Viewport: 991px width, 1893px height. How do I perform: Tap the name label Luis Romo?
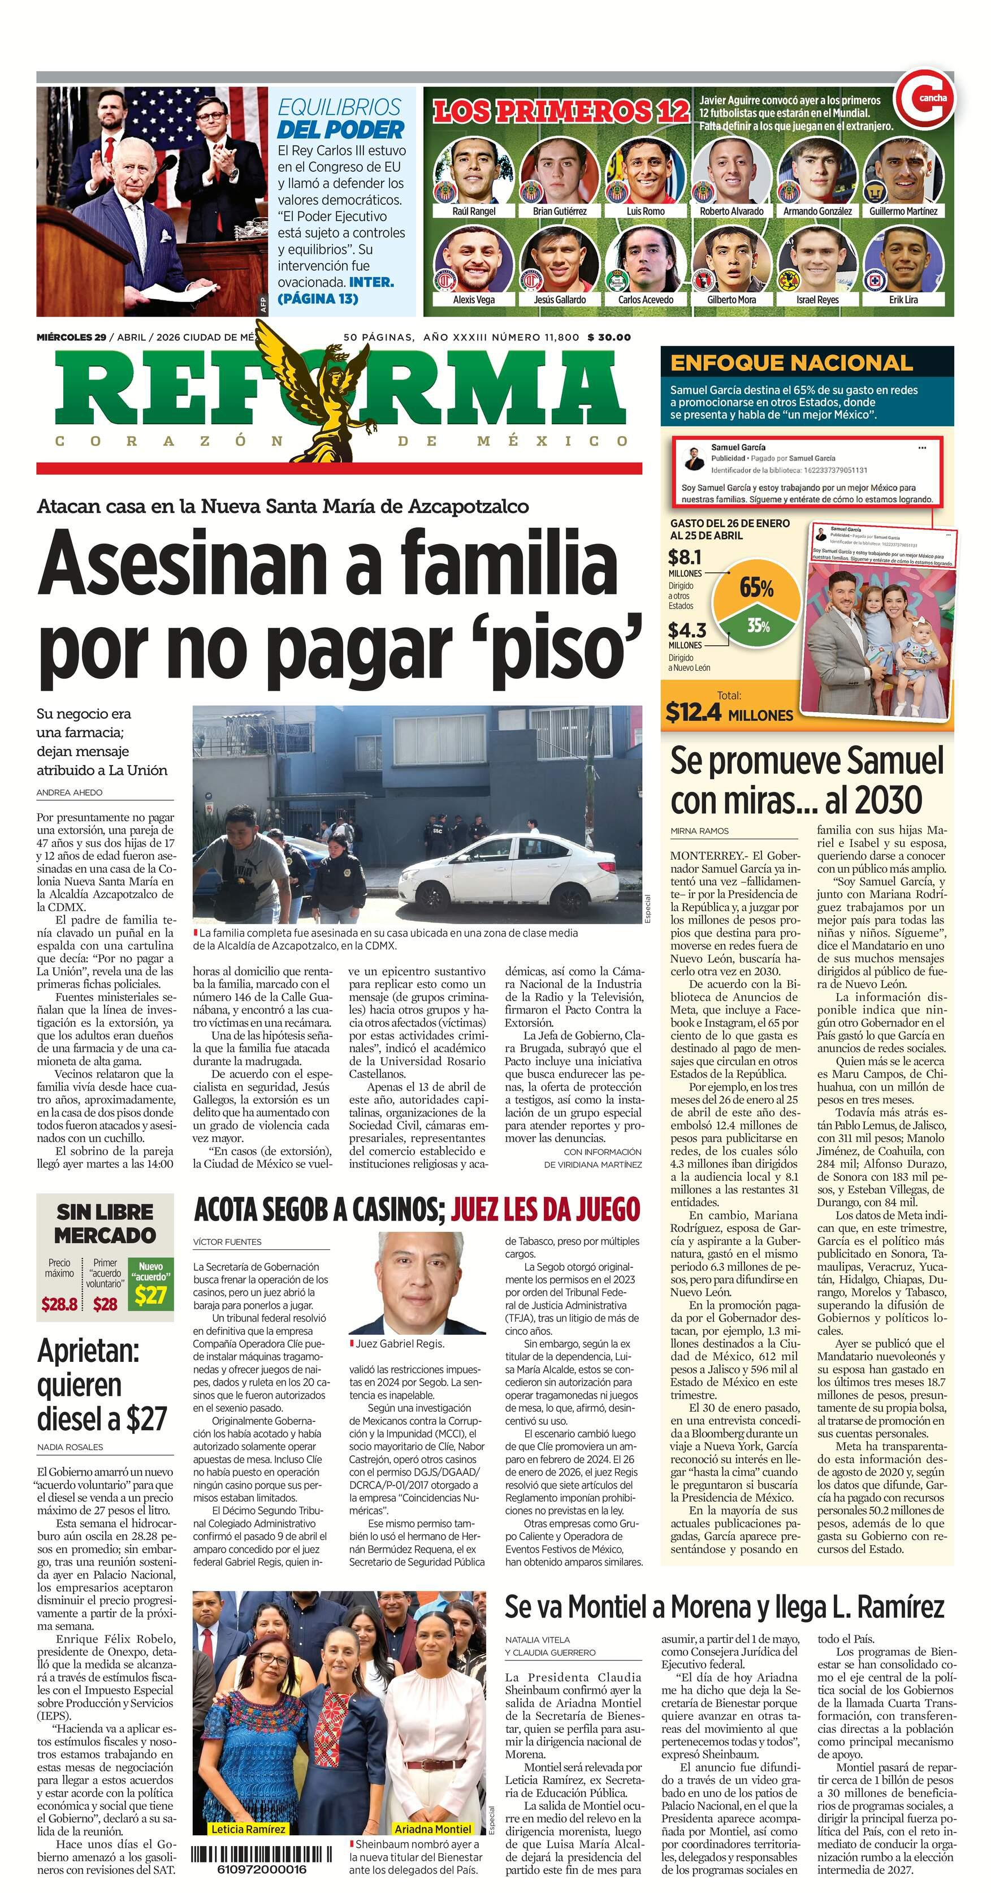pos(645,211)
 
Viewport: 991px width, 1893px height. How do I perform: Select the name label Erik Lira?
pos(903,300)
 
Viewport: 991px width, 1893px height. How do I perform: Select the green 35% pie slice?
pos(758,627)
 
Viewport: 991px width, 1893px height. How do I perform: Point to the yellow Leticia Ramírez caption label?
pos(248,1829)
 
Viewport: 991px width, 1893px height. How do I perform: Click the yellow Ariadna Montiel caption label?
pos(432,1829)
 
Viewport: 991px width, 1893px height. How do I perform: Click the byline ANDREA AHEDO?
pos(70,792)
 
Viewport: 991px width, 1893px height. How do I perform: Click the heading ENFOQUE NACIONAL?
pos(791,363)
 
